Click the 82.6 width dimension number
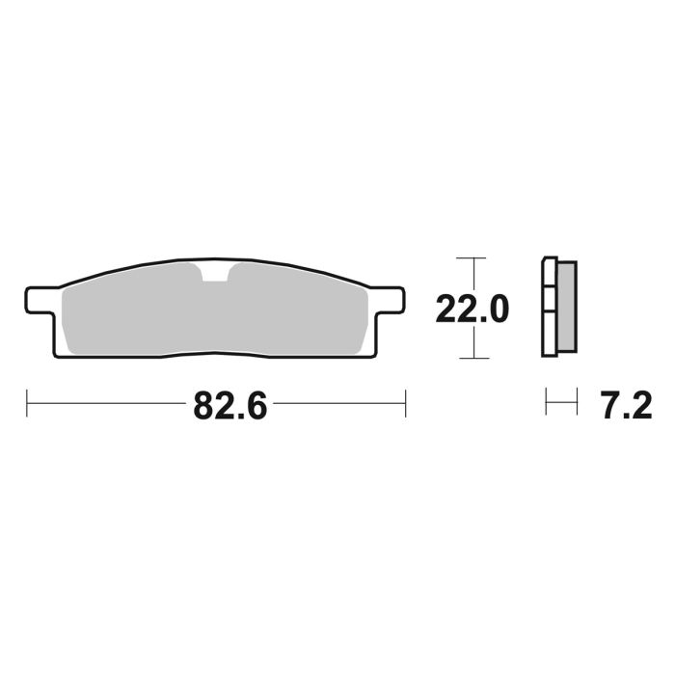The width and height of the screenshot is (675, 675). tap(229, 406)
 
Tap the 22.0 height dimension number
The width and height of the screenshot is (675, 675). tap(472, 310)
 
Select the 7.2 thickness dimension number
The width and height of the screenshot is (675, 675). tap(626, 406)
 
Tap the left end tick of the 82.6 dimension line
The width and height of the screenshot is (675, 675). tap(27, 404)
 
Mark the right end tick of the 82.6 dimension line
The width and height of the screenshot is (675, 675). tap(405, 404)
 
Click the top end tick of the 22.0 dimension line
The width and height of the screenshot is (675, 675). tap(469, 258)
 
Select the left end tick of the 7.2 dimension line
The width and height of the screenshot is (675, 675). tap(547, 403)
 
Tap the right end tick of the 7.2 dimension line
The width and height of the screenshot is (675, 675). tap(576, 403)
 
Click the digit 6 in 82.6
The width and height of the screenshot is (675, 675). tap(253, 406)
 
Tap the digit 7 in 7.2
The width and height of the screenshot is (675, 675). tap(610, 406)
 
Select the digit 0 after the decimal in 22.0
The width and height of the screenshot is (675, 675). tap(497, 310)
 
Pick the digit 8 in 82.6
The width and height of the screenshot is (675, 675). tap(205, 406)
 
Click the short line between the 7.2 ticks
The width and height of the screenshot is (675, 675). tap(561, 403)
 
